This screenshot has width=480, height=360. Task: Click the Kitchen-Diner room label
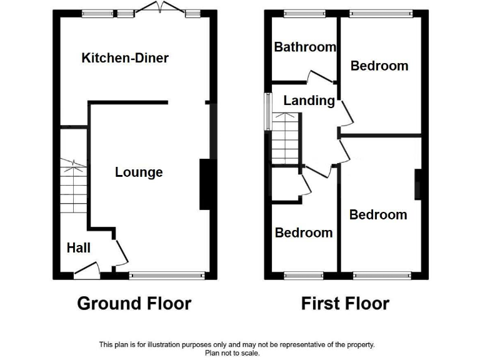(125, 58)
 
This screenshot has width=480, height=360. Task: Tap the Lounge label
(139, 172)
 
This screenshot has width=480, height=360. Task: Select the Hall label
(79, 248)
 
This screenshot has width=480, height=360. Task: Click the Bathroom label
(305, 47)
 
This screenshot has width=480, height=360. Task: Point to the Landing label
(309, 101)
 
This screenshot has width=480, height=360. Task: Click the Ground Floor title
(134, 304)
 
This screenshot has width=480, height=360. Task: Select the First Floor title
(345, 304)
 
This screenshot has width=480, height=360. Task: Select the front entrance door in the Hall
(86, 271)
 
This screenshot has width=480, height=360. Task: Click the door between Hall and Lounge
(122, 252)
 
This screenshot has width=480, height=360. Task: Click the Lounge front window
(167, 274)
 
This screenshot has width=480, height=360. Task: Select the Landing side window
(268, 111)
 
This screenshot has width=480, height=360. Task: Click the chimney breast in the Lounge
(204, 184)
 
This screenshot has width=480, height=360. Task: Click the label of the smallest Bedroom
(304, 232)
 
